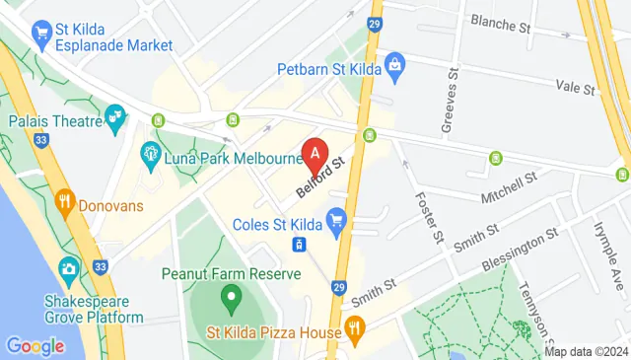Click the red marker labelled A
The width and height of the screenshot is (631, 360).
(315, 155)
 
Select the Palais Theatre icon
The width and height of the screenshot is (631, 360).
(116, 118)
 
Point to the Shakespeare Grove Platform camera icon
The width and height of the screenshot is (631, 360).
(69, 267)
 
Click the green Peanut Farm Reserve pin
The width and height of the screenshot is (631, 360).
(230, 294)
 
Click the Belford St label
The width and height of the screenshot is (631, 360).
(323, 176)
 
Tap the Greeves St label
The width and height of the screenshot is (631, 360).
(452, 99)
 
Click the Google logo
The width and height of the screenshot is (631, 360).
(34, 346)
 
